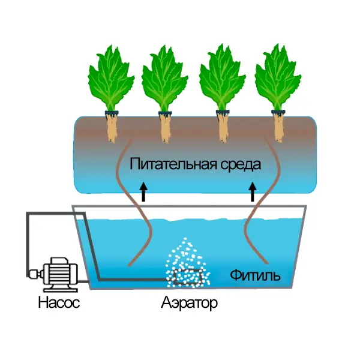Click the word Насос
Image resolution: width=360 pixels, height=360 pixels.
[x=59, y=302]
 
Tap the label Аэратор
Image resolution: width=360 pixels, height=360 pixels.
[x=189, y=303]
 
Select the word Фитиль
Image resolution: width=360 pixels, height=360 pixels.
[x=255, y=275]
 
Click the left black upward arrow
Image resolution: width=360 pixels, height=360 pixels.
[x=144, y=192]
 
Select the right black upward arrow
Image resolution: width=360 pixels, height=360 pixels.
[x=253, y=192]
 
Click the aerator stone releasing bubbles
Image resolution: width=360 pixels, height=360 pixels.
[x=188, y=277]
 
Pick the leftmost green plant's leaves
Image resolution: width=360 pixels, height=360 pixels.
[x=111, y=78]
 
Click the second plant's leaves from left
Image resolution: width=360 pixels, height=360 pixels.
[x=164, y=79]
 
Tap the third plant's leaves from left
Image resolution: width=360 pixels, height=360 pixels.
[x=222, y=77]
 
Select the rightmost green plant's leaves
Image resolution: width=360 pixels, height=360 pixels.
[x=278, y=77]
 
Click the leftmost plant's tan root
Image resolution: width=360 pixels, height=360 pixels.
[x=112, y=128]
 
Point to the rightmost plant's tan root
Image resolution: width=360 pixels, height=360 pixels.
[x=278, y=128]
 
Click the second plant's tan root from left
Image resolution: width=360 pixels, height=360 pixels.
[x=166, y=128]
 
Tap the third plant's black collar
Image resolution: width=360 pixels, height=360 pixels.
[x=223, y=112]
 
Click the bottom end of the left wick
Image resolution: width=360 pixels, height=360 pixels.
[x=129, y=266]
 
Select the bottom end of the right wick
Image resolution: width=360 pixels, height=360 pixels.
[x=267, y=263]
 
